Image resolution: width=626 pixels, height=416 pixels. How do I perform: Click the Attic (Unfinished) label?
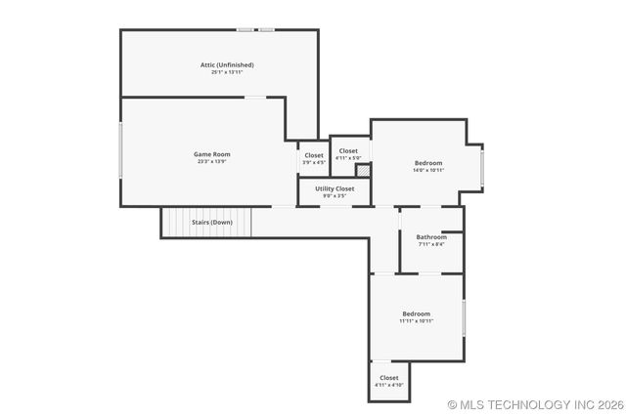click(x=227, y=64)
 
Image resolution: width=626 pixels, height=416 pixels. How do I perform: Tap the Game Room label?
click(x=211, y=154)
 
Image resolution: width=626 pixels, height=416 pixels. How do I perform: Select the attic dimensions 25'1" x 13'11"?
click(x=227, y=72)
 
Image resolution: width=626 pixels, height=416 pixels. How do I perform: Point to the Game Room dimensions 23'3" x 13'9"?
click(x=211, y=162)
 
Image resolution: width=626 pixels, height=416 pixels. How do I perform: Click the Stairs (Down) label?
click(x=212, y=222)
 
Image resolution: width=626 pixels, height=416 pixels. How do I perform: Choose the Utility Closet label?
click(x=335, y=187)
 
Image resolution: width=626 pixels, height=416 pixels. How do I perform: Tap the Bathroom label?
click(x=431, y=236)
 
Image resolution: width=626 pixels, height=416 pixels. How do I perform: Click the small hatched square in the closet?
click(x=362, y=170)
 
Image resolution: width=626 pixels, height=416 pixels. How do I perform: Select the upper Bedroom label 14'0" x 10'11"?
click(x=428, y=162)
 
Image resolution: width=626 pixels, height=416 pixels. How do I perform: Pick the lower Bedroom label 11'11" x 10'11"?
click(x=416, y=313)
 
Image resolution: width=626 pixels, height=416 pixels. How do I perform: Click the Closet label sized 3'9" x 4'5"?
click(x=314, y=155)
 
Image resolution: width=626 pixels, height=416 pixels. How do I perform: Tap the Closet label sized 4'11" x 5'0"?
click(x=348, y=150)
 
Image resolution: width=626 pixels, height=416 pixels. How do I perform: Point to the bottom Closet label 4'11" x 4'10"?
click(x=389, y=377)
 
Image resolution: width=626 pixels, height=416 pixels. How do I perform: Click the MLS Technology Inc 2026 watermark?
click(x=535, y=403)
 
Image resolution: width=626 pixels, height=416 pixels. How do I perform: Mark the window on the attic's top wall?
click(x=255, y=29)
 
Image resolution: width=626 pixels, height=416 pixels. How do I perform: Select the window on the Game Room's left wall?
click(x=120, y=148)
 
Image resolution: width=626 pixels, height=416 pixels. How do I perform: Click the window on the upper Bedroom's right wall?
click(x=482, y=164)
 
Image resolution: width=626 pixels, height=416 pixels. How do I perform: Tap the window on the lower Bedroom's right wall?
click(x=464, y=317)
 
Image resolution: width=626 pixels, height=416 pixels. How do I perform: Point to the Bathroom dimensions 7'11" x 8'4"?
click(x=431, y=244)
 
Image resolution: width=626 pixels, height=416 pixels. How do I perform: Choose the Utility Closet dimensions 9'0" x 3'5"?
click(x=335, y=195)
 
